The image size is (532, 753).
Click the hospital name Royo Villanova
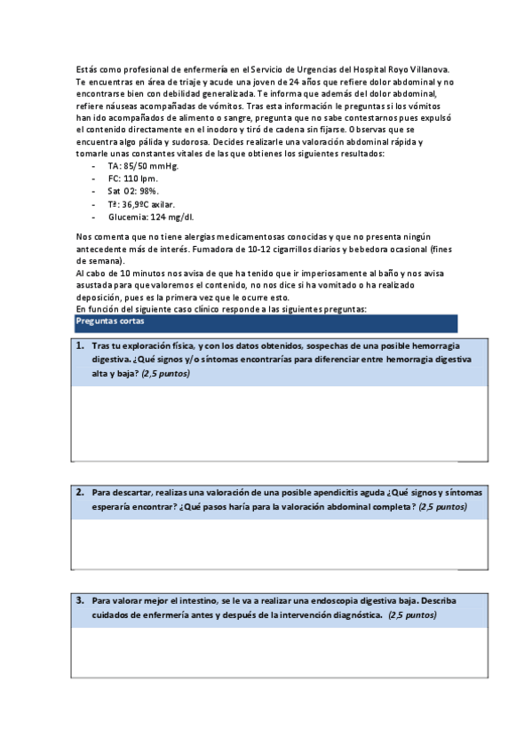point(417,68)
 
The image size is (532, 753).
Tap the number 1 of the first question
point(79,345)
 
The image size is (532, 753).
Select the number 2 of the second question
point(79,492)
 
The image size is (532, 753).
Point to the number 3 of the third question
point(79,600)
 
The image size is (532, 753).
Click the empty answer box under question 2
point(279,543)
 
